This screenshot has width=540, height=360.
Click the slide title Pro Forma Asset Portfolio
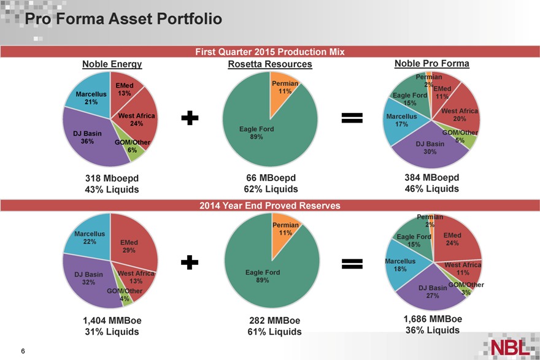pyautogui.click(x=118, y=19)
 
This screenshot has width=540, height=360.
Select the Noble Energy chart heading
pyautogui.click(x=112, y=64)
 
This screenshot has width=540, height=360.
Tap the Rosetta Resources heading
pyautogui.click(x=270, y=64)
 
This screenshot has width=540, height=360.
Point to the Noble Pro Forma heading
pyautogui.click(x=431, y=63)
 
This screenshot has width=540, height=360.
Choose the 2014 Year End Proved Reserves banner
pyautogui.click(x=270, y=205)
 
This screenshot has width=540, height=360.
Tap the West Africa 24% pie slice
pyautogui.click(x=138, y=120)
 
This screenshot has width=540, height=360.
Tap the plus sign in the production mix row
pyautogui.click(x=192, y=119)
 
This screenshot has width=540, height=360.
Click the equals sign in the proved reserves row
pyautogui.click(x=352, y=263)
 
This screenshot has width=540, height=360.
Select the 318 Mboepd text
pyautogui.click(x=110, y=178)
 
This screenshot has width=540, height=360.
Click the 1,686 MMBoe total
pyautogui.click(x=433, y=319)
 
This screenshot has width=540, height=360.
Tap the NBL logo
pyautogui.click(x=509, y=347)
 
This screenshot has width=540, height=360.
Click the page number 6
pyautogui.click(x=23, y=351)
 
